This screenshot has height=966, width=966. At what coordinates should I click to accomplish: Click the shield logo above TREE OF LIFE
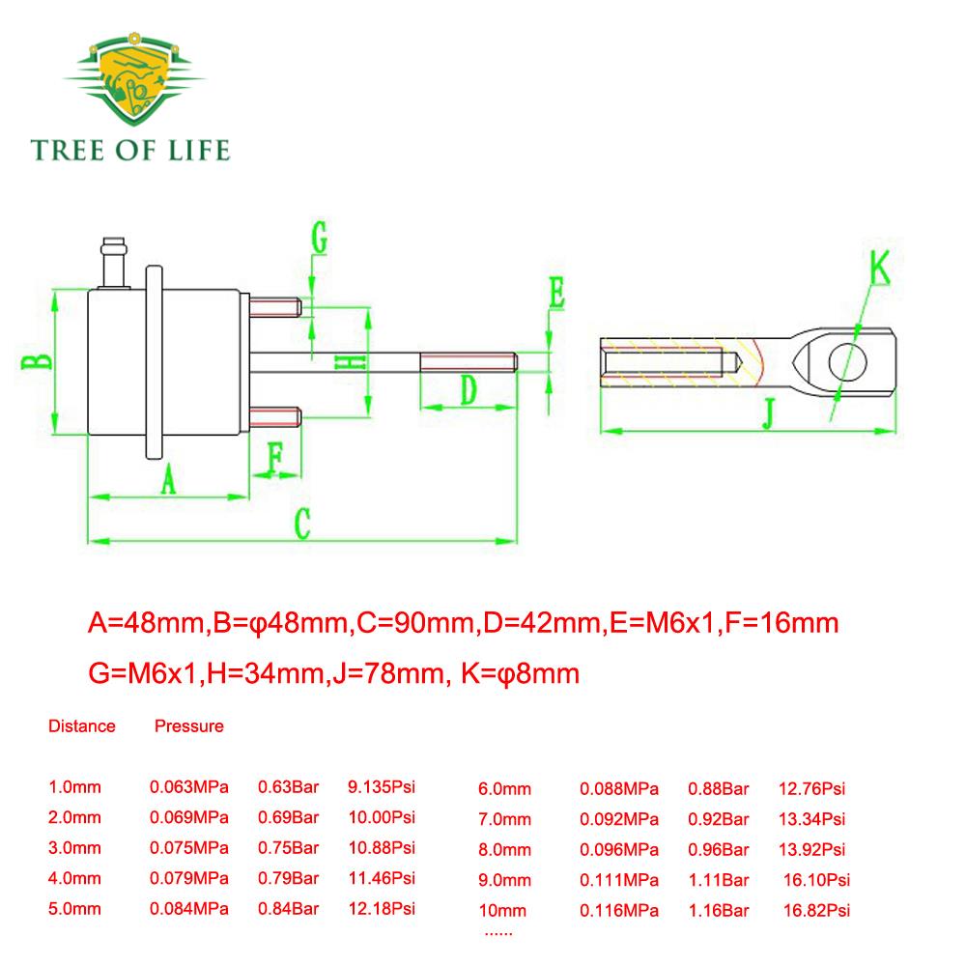coord(133,79)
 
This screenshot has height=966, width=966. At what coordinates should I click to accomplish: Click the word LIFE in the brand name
coord(199,151)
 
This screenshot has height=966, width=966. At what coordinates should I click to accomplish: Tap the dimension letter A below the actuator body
coord(168,479)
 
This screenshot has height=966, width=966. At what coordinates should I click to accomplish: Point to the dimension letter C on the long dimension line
coord(301,524)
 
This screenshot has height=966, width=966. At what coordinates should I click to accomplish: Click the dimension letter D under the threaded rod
coord(469,389)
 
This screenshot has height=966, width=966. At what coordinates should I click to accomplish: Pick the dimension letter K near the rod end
coord(879,268)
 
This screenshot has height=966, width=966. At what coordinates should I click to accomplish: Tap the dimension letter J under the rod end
coord(768,413)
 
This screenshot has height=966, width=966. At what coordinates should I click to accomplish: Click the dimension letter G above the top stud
coord(319,238)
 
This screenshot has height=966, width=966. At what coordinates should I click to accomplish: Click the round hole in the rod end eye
coord(847,362)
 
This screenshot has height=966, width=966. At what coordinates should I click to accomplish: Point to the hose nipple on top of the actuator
coord(115,263)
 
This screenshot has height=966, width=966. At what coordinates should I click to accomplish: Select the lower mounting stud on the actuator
coord(275,417)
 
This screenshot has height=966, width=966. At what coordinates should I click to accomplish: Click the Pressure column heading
coord(189,725)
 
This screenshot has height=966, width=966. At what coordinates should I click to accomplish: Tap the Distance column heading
coord(82,725)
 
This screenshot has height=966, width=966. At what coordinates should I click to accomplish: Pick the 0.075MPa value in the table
coord(189,848)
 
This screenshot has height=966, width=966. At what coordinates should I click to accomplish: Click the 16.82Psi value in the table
coord(816,910)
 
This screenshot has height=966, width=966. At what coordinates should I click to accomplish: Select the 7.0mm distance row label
coord(504,819)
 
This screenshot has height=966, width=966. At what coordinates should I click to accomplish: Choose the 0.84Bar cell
coord(288,909)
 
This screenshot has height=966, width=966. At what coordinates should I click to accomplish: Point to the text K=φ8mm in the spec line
coord(520,673)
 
